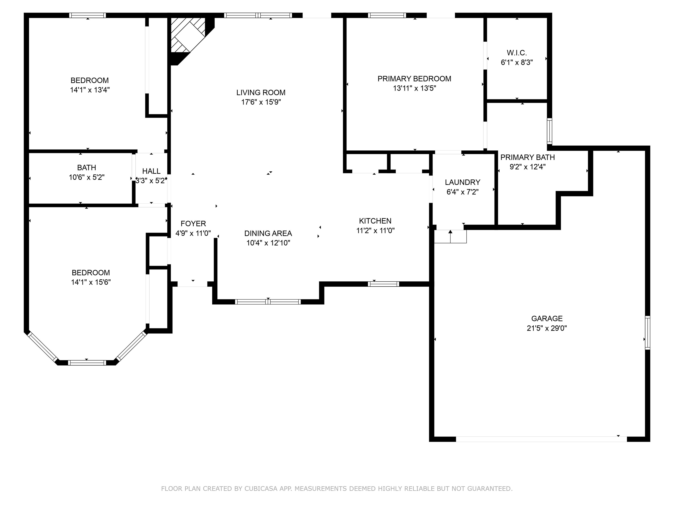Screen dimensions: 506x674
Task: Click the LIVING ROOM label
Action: click(x=261, y=92)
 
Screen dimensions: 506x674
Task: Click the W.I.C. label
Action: click(x=517, y=53)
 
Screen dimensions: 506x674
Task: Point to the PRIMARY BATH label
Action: click(x=527, y=157)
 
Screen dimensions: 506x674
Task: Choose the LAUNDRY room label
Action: click(x=462, y=182)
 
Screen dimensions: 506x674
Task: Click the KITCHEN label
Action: click(x=375, y=221)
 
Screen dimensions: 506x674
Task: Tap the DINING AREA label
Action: click(x=268, y=233)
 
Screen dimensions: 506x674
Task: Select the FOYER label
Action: click(x=193, y=224)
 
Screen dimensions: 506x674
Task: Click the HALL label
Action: click(x=151, y=171)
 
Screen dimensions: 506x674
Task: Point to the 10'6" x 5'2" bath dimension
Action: click(x=86, y=177)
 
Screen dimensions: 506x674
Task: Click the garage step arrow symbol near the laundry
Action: click(x=450, y=236)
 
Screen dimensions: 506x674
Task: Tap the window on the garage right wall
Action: click(x=647, y=333)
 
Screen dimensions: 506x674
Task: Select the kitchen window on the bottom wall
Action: click(x=383, y=284)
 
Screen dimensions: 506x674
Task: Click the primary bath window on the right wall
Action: click(x=549, y=131)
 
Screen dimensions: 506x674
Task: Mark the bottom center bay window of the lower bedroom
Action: click(x=87, y=363)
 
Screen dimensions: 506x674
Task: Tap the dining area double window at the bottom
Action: click(x=268, y=302)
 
